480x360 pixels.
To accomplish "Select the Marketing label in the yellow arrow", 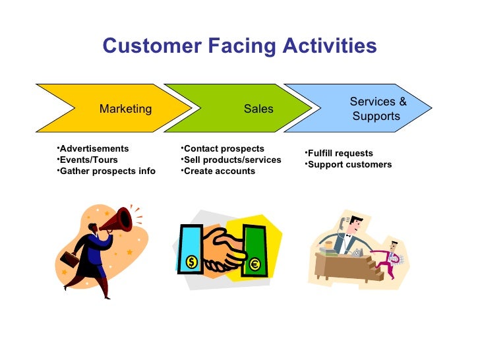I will pyautogui.click(x=125, y=109).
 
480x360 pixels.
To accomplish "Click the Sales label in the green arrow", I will pyautogui.click(x=258, y=109).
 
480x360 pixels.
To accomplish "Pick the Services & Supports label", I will pyautogui.click(x=377, y=109).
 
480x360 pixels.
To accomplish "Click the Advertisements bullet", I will pyautogui.click(x=93, y=148).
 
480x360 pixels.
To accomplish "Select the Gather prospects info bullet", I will pyautogui.click(x=106, y=171).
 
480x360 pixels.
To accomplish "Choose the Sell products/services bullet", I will pyautogui.click(x=231, y=160).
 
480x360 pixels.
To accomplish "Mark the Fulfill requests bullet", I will pyautogui.click(x=339, y=153).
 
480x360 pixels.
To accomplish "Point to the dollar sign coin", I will pyautogui.click(x=192, y=262).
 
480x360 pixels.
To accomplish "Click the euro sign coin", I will pyautogui.click(x=255, y=265).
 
